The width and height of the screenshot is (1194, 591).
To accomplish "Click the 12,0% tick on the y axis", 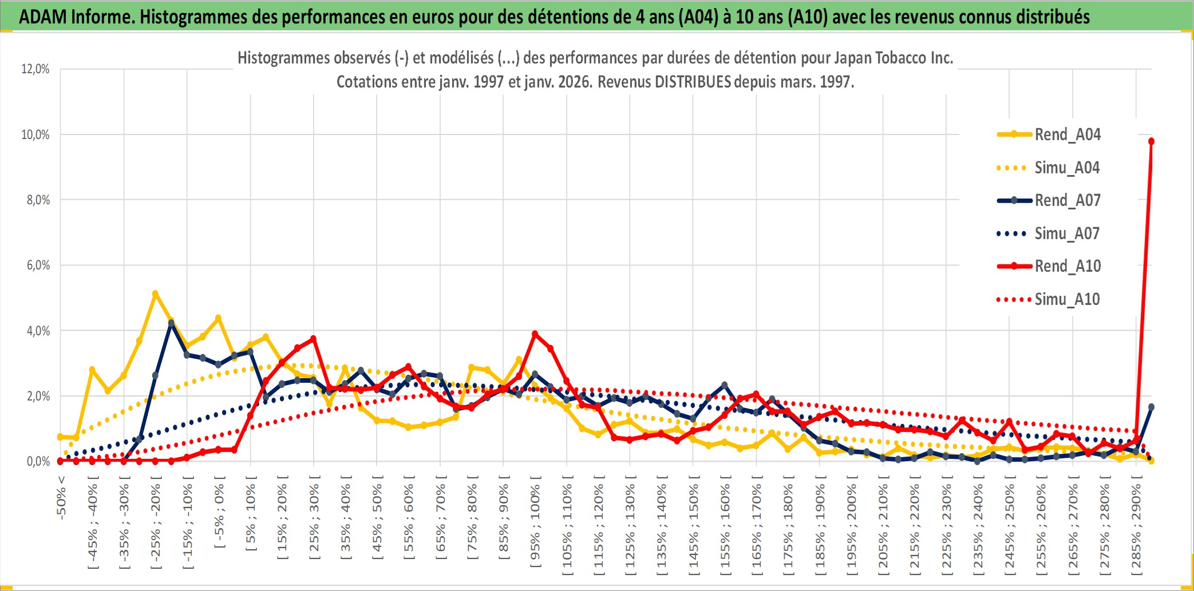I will (35, 69).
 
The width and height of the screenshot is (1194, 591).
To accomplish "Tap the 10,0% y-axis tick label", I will (35, 135).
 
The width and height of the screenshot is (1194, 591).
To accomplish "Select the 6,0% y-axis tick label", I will (38, 265).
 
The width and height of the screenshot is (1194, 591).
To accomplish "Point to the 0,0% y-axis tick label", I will (38, 462).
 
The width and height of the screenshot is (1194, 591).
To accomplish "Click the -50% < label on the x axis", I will (61, 498).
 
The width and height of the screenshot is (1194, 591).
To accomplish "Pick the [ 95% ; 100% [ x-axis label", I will (535, 526).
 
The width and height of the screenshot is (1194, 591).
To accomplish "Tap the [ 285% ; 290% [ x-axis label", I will (1136, 529).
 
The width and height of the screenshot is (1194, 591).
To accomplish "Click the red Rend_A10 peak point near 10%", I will (1151, 141).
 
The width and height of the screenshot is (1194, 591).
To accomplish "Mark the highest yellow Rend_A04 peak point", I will (155, 293).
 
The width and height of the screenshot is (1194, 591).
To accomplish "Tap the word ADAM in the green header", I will (43, 17).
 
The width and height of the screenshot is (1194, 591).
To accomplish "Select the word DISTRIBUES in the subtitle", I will (693, 82).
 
